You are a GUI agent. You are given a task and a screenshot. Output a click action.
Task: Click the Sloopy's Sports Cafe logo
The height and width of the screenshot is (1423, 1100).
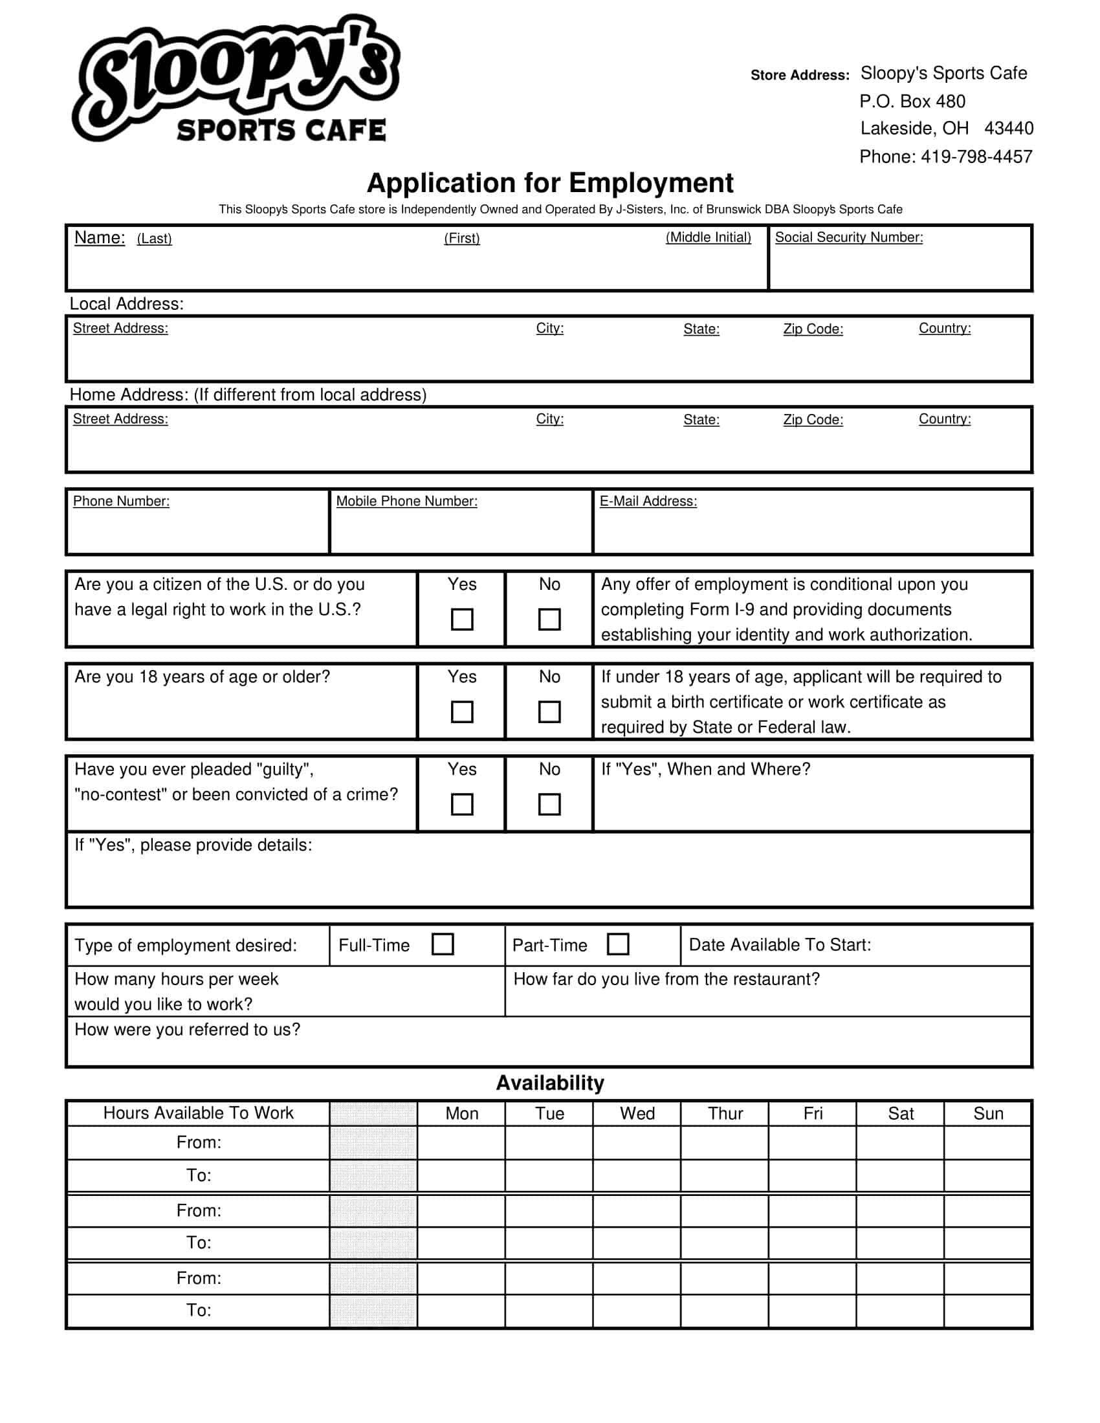(236, 80)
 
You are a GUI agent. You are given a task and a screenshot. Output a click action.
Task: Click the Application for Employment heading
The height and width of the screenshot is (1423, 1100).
(550, 183)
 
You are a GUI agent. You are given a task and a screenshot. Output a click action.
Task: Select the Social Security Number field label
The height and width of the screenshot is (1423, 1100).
(848, 238)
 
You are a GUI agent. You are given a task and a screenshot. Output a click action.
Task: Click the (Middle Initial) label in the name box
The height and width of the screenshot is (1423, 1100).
(708, 238)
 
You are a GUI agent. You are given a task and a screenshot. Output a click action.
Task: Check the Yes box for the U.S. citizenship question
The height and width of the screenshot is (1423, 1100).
(462, 619)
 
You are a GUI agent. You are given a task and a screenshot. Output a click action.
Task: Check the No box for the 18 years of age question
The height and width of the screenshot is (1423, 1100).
(549, 711)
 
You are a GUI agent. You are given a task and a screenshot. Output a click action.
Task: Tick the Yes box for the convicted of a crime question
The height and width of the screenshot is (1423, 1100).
(462, 804)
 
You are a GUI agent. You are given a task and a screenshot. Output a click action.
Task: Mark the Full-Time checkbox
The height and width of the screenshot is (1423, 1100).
(443, 944)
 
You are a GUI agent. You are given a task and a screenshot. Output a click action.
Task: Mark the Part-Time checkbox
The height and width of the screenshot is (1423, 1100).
(618, 944)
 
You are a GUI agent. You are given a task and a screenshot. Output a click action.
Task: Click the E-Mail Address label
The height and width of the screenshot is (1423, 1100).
(648, 501)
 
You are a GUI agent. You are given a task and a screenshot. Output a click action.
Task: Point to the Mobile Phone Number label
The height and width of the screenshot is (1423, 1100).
(406, 501)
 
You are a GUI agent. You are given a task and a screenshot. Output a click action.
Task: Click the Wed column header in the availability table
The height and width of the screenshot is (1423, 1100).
(637, 1114)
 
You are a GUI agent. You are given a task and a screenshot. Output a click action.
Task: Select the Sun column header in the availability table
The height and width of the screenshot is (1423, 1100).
(988, 1114)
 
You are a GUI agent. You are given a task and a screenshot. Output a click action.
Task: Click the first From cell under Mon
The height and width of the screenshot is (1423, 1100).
(461, 1143)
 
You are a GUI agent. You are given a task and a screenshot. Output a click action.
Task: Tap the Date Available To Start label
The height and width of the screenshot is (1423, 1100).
(780, 945)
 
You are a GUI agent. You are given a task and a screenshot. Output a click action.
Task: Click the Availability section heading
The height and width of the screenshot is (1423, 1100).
(550, 1083)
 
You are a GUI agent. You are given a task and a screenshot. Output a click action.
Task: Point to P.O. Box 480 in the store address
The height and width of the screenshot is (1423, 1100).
(912, 102)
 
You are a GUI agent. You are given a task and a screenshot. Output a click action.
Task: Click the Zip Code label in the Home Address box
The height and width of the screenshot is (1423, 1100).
(813, 420)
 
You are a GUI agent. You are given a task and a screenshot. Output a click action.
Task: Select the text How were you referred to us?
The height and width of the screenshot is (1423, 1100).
(187, 1030)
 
